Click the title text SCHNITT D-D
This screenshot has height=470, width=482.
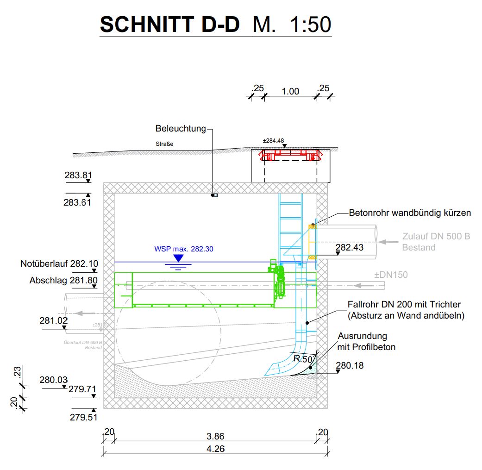tap(169, 24)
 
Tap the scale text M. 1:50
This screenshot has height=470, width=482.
tap(292, 24)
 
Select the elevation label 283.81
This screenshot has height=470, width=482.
tap(78, 175)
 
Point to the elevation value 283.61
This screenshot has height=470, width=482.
tap(78, 202)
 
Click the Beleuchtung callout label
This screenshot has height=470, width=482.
tap(181, 128)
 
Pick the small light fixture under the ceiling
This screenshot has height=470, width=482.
tap(214, 195)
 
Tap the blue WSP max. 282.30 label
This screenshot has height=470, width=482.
tap(183, 249)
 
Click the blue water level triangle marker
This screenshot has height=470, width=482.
tap(178, 258)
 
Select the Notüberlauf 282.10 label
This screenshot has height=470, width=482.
tap(59, 264)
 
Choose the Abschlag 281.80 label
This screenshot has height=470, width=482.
tap(64, 280)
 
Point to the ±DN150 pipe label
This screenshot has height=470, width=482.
tap(391, 275)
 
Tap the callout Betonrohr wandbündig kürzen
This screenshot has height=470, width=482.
tap(410, 213)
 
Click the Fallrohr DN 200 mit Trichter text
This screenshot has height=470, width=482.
tap(404, 304)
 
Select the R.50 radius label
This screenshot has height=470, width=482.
tap(303, 358)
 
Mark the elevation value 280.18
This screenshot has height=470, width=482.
tap(350, 365)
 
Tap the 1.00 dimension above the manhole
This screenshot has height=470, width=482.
tap(290, 91)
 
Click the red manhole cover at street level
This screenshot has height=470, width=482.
tap(290, 155)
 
